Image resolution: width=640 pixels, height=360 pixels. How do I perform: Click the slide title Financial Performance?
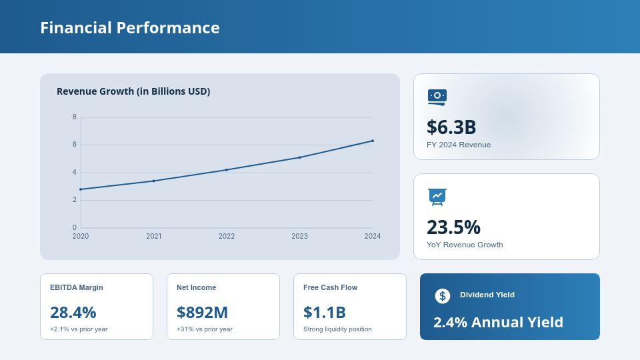point(129,27)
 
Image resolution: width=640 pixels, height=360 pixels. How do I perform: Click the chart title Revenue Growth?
point(133,91)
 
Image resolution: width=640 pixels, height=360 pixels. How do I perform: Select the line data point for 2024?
point(372,141)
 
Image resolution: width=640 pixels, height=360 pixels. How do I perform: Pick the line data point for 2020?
point(81,189)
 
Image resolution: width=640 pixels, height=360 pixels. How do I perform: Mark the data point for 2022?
point(227,170)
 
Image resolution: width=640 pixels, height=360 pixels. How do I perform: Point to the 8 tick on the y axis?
point(75,117)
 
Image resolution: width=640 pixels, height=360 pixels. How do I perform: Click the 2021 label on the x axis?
point(153,236)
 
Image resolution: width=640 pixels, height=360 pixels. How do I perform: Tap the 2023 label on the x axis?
point(299,236)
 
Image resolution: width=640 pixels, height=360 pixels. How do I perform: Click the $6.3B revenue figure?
point(451,127)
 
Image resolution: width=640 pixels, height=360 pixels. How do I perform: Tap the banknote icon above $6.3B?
point(437,97)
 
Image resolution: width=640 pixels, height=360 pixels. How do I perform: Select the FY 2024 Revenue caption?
point(459,145)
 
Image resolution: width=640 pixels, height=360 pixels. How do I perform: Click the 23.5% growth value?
point(453,227)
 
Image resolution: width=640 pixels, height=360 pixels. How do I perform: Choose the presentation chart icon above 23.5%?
point(437,197)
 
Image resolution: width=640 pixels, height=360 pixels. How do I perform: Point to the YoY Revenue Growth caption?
point(465,245)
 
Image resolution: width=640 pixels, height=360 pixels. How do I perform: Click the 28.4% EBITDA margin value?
point(73,312)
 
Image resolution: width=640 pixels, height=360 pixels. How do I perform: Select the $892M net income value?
point(202,312)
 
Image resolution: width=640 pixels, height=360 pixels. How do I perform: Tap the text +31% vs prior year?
point(204,329)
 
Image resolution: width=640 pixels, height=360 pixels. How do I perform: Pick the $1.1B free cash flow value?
point(324,312)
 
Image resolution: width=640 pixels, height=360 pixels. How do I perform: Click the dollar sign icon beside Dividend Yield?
point(443,296)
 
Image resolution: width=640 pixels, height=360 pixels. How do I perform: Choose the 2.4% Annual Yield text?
point(498,322)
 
